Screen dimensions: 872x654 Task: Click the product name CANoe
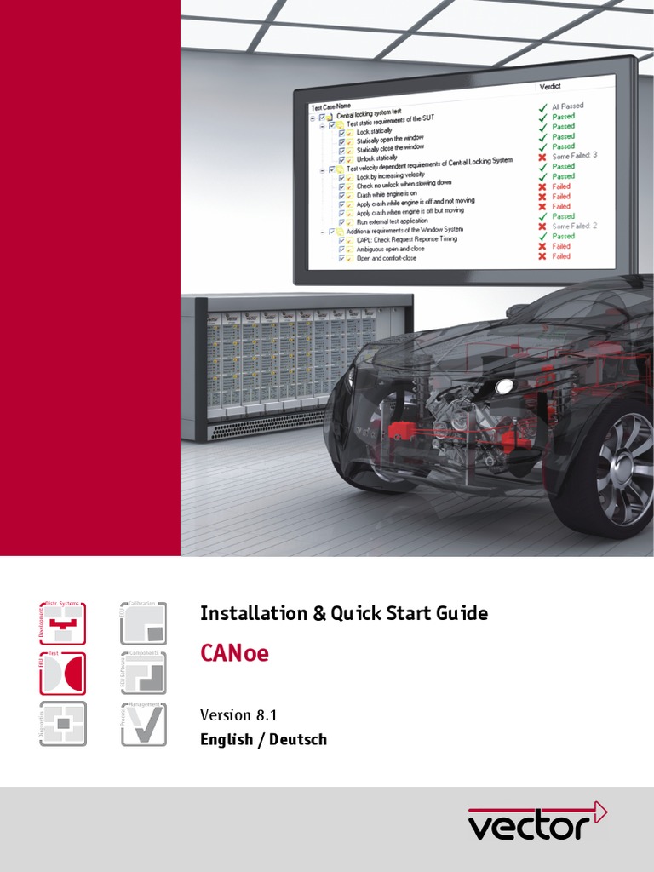(x=234, y=654)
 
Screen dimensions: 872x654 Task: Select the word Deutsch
(x=298, y=739)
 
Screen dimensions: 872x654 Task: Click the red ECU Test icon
(x=62, y=673)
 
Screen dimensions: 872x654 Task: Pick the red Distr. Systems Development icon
(x=62, y=623)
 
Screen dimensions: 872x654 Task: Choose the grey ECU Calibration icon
(x=144, y=623)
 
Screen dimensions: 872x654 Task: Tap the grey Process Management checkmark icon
(x=144, y=724)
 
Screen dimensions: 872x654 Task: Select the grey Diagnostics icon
(x=62, y=724)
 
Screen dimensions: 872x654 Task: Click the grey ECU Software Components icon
(x=144, y=673)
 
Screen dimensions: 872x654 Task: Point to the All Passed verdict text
(x=567, y=106)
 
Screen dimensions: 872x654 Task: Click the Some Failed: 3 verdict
(x=574, y=156)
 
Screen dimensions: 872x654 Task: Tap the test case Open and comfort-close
(x=387, y=258)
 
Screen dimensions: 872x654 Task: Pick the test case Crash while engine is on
(x=387, y=193)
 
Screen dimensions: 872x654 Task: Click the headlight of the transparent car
(x=504, y=387)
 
